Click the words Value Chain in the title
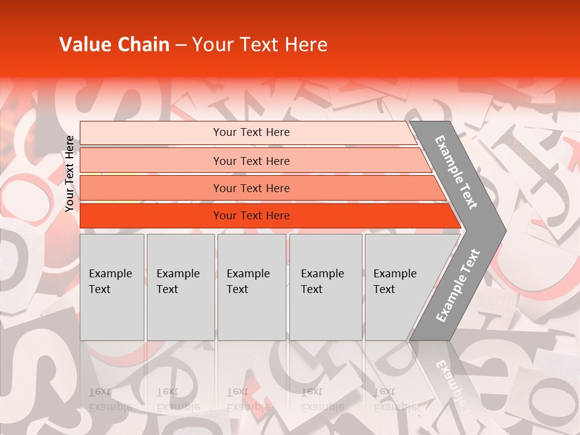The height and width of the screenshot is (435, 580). click(x=114, y=45)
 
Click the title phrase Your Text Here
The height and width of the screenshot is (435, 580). click(x=260, y=45)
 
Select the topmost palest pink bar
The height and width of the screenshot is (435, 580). click(x=151, y=133)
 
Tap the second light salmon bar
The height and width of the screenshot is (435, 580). click(x=151, y=161)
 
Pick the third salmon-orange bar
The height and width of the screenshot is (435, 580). click(x=151, y=188)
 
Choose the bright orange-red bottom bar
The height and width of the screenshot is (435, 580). click(x=151, y=216)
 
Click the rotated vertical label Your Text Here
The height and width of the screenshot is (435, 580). click(x=69, y=173)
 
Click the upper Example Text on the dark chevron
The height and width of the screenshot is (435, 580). click(x=457, y=172)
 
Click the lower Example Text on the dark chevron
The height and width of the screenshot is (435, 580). click(x=458, y=286)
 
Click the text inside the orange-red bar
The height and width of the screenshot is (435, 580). click(x=251, y=216)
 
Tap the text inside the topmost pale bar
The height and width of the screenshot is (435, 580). click(x=251, y=132)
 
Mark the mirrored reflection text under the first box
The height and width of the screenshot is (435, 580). click(x=111, y=399)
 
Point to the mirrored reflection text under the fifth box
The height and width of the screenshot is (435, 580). click(x=395, y=399)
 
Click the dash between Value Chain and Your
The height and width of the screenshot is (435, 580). click(x=181, y=45)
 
